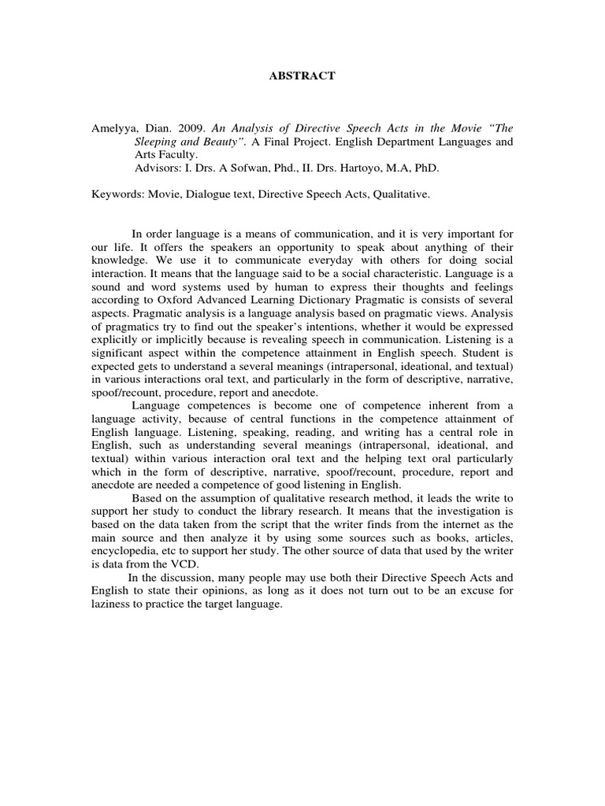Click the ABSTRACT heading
click(x=302, y=76)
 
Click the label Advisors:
click(x=156, y=168)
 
